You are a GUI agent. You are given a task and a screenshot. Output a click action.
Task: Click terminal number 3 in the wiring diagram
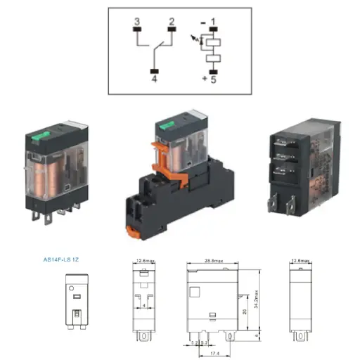(136, 22)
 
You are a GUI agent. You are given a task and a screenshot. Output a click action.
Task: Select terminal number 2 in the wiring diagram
(170, 22)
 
